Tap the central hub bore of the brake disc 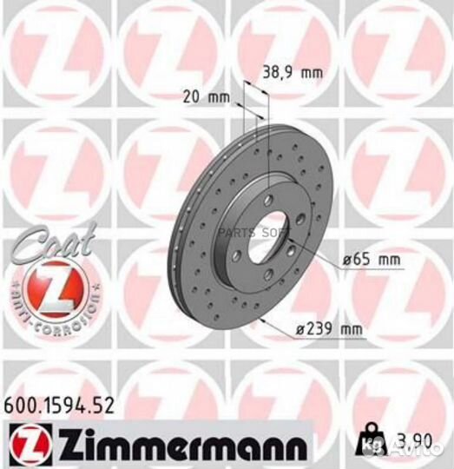(265, 235)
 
